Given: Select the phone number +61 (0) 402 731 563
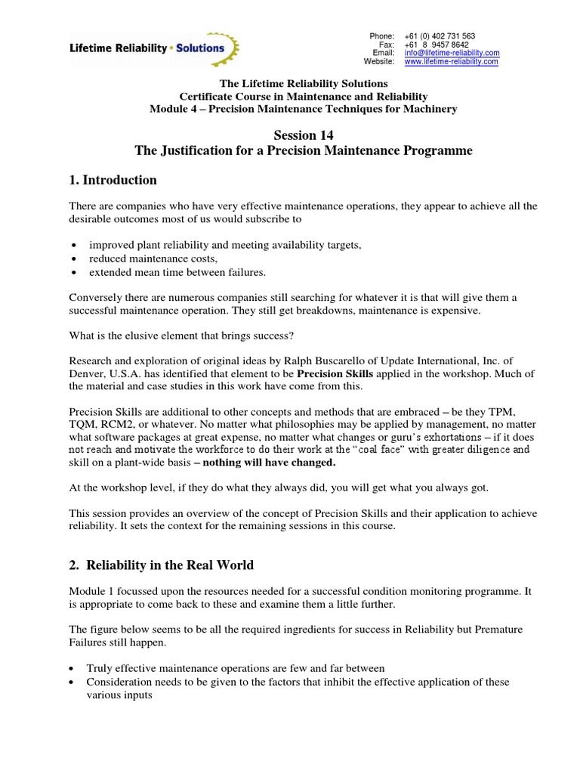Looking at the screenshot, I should [440, 36].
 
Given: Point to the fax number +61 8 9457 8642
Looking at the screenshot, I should [437, 45].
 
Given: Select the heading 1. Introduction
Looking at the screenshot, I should [113, 180].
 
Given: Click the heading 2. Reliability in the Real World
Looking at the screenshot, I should [162, 565].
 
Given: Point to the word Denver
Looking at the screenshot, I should [87, 373].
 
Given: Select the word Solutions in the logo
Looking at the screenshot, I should [198, 48].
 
